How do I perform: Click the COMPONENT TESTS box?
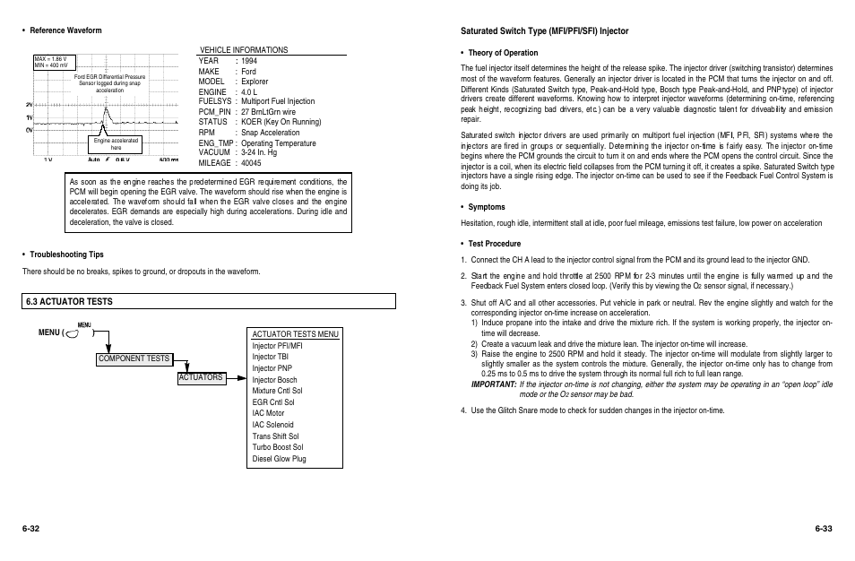134,358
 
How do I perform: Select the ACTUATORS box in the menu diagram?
201,378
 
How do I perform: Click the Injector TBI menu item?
270,357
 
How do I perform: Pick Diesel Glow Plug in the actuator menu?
279,459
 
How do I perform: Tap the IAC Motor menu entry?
268,413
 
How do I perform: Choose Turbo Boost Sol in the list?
277,447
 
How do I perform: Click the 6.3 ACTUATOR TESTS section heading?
71,302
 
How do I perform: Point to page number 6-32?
31,529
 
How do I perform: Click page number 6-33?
824,529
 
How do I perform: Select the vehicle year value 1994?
249,61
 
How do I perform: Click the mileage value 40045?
252,163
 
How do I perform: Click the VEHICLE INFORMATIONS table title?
244,50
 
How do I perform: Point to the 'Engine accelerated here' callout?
116,144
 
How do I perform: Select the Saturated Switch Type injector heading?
544,31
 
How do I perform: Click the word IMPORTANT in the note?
494,384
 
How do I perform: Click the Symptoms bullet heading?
487,207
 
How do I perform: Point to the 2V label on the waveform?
29,104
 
